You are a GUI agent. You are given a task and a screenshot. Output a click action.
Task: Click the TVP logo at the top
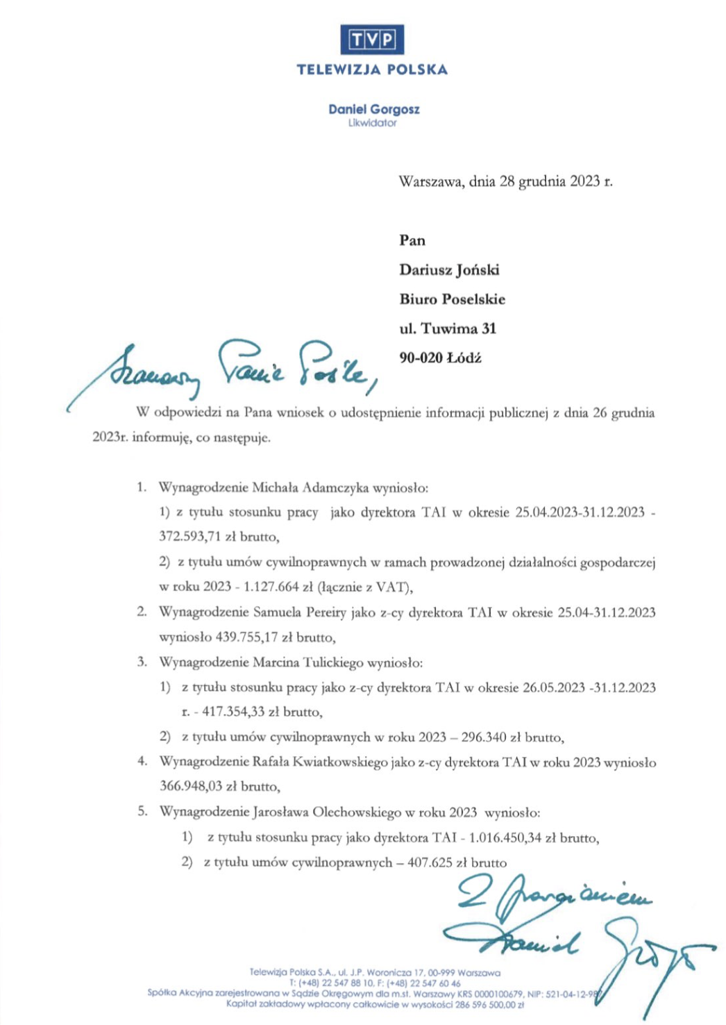click(372, 40)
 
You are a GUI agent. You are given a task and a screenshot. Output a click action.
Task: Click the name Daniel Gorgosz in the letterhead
click(373, 109)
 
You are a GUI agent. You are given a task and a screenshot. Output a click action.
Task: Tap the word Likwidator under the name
click(373, 123)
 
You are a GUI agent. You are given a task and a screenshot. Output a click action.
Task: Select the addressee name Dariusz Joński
click(449, 270)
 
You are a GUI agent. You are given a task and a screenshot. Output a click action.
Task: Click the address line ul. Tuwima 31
click(448, 328)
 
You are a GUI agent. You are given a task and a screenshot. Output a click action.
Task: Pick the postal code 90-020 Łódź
click(440, 358)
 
